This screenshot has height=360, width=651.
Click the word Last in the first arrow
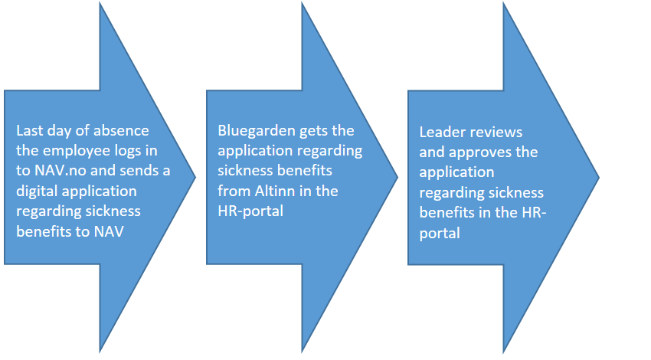point(29,131)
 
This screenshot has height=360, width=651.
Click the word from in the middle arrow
point(234,191)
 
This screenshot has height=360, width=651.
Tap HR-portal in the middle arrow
point(250,211)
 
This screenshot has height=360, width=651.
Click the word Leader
point(443,132)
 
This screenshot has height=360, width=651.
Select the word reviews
point(496,132)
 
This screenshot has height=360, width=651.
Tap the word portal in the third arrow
point(440,234)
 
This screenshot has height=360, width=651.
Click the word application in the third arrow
point(456,172)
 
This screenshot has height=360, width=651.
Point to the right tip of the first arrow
point(195,177)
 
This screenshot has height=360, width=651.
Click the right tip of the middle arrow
point(397,177)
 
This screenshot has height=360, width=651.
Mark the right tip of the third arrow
point(599,177)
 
